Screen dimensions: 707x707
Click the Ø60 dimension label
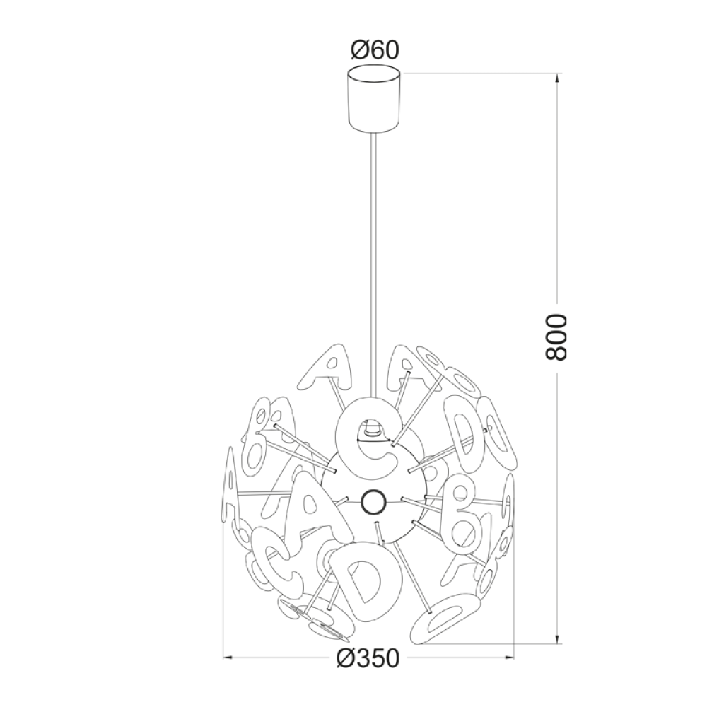pyautogui.click(x=375, y=50)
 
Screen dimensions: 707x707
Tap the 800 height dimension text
pyautogui.click(x=556, y=337)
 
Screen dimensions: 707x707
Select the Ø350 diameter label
pyautogui.click(x=368, y=659)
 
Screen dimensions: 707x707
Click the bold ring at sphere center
pyautogui.click(x=374, y=501)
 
